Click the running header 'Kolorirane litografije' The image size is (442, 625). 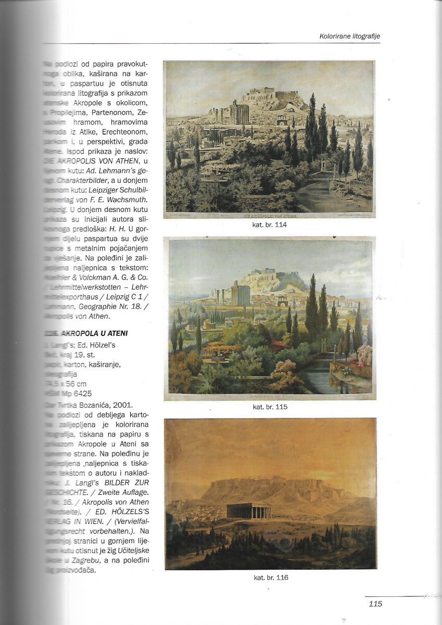(x=349, y=36)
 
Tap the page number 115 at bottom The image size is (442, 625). (x=375, y=604)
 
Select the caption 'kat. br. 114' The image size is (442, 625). (x=269, y=225)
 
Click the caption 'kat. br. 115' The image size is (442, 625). (x=269, y=407)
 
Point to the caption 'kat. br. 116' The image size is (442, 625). (x=271, y=577)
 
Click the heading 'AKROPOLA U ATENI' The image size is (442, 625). (x=97, y=333)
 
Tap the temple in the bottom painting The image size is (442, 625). (x=249, y=510)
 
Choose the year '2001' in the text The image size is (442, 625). (x=130, y=405)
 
